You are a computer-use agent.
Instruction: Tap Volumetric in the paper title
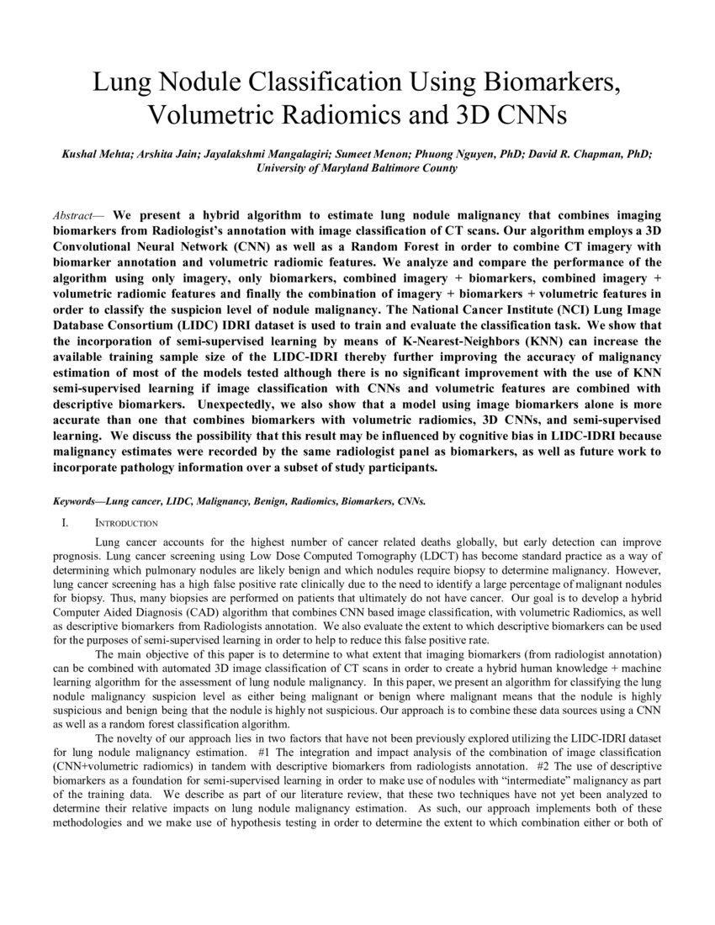coord(219,114)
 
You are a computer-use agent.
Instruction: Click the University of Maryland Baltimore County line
coord(357,167)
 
